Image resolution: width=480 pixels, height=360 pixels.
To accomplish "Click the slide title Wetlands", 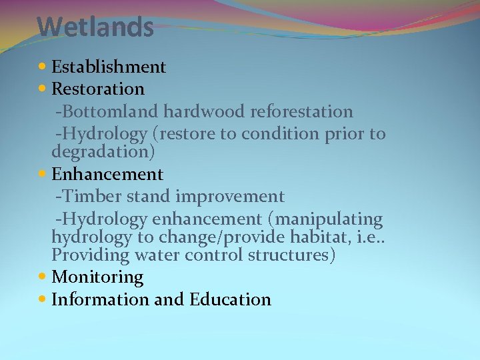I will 95,28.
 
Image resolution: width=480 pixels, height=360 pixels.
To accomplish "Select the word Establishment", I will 109,67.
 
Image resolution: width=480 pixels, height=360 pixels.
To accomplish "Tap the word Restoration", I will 97,89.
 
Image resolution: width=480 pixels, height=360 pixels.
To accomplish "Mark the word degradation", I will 103,152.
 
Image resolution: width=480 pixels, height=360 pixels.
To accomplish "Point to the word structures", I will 291,256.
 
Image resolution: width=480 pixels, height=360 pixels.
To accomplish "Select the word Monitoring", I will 97,277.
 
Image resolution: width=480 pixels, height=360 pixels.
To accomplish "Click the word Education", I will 230,299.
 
